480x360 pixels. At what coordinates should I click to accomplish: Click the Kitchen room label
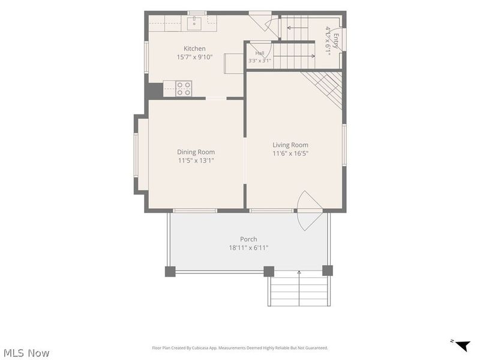(x=194, y=49)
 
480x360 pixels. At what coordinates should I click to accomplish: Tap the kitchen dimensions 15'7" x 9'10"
(x=194, y=57)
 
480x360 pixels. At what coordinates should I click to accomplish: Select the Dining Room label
(x=196, y=152)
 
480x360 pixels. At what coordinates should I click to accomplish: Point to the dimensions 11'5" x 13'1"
(x=196, y=160)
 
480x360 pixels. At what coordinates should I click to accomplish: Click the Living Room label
(x=290, y=145)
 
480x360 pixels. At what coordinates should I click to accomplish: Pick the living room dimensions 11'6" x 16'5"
(x=290, y=154)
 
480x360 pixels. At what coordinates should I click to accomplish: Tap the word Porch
(x=248, y=239)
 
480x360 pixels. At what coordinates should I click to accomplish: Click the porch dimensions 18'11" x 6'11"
(x=248, y=248)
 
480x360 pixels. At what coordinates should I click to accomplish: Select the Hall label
(x=260, y=53)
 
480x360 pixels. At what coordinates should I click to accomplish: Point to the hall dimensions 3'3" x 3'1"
(x=260, y=61)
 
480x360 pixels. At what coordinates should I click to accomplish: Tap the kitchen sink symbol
(x=194, y=23)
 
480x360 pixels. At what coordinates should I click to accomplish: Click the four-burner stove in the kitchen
(x=184, y=88)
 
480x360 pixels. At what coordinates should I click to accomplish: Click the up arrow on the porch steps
(x=299, y=288)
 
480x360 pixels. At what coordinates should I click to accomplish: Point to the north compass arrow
(x=463, y=346)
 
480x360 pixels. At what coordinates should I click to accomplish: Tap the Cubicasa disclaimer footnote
(x=240, y=348)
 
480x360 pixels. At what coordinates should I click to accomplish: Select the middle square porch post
(x=269, y=272)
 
